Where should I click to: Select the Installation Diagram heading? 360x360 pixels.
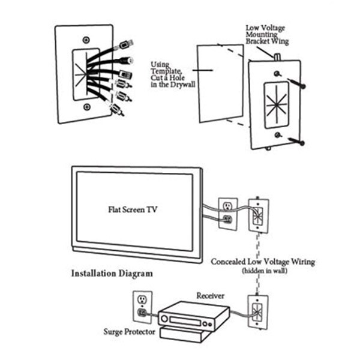tap(112, 273)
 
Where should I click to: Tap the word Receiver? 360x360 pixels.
tap(210, 296)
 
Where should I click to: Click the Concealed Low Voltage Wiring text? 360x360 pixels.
tap(263, 262)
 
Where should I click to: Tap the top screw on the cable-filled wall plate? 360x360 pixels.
tap(88, 40)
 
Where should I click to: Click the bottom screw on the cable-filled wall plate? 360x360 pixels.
tap(88, 107)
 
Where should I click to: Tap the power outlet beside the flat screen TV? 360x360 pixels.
tap(227, 213)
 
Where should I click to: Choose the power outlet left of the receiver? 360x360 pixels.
tap(142, 305)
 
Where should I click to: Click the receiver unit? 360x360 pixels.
tap(193, 317)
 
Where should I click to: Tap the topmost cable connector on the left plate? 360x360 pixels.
tap(126, 44)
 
